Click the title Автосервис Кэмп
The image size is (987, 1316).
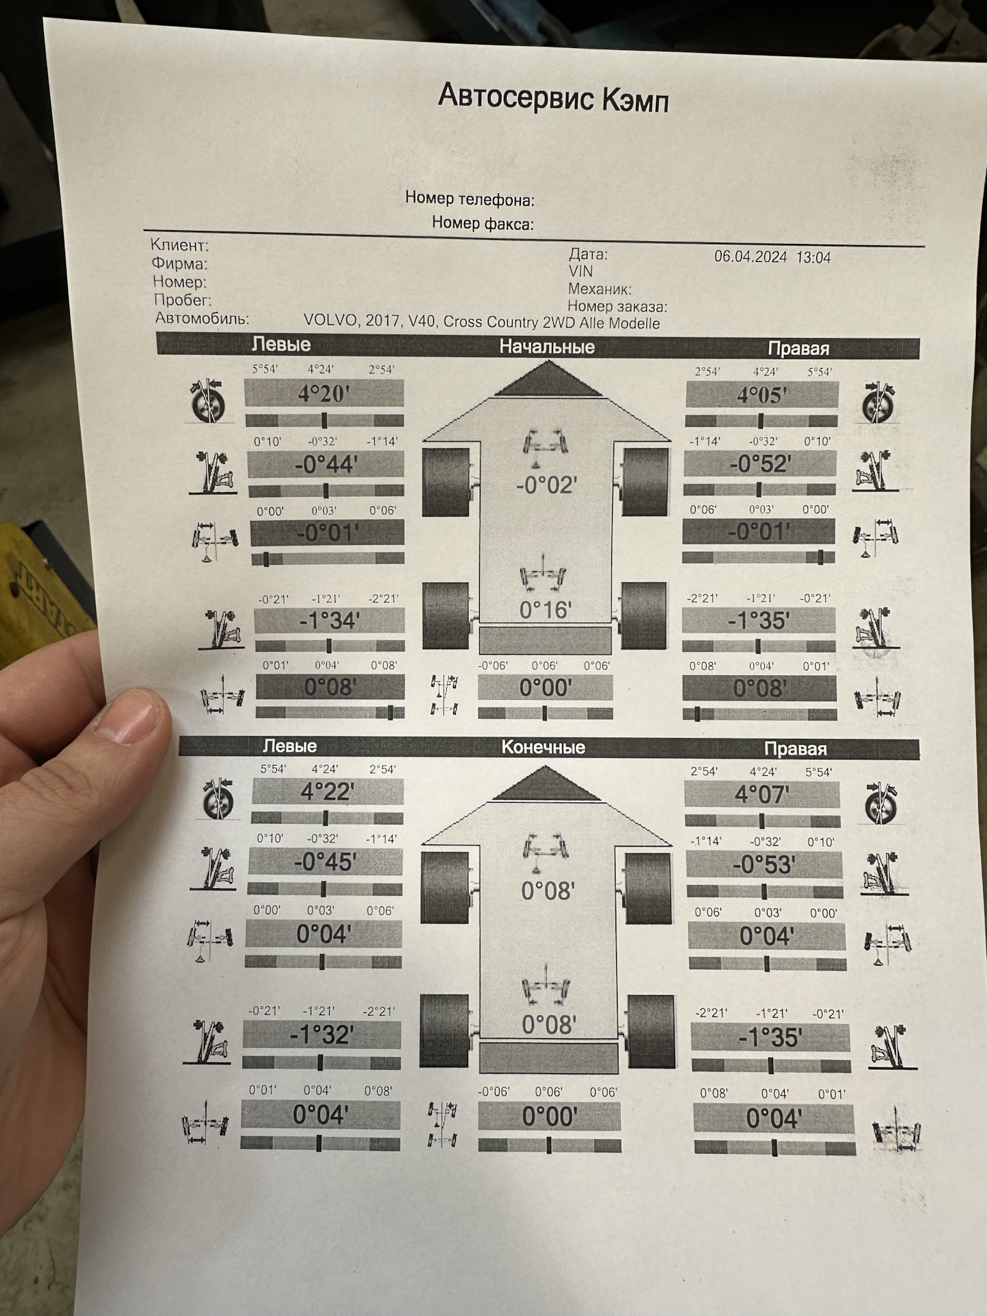tap(552, 99)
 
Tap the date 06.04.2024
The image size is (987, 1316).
tap(751, 257)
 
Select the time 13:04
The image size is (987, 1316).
tap(814, 258)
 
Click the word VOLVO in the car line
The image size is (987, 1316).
tap(330, 320)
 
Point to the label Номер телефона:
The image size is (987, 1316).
tap(470, 199)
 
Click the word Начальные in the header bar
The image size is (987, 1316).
tap(546, 347)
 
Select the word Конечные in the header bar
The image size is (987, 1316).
tap(544, 747)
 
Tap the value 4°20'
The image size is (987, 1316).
tap(324, 395)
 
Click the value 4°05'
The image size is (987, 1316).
tap(761, 395)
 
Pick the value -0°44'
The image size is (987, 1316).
tap(326, 465)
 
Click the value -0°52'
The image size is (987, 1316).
tap(760, 465)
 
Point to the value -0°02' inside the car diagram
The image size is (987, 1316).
tap(546, 486)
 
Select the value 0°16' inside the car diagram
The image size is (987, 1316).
tap(545, 609)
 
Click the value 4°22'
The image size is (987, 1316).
tap(327, 792)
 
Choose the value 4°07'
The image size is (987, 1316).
tap(761, 795)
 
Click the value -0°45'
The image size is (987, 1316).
tap(324, 862)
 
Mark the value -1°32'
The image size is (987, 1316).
tap(321, 1035)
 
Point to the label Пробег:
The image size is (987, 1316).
tap(182, 300)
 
